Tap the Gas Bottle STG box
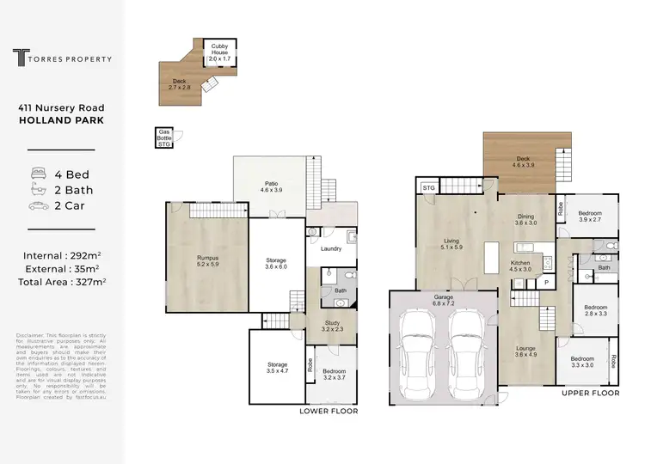pos(164,137)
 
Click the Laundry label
pos(331,249)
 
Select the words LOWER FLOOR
pos(329,411)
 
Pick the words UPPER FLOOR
pos(590,393)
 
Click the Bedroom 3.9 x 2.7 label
pos(589,216)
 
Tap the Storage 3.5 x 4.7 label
pos(277,369)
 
